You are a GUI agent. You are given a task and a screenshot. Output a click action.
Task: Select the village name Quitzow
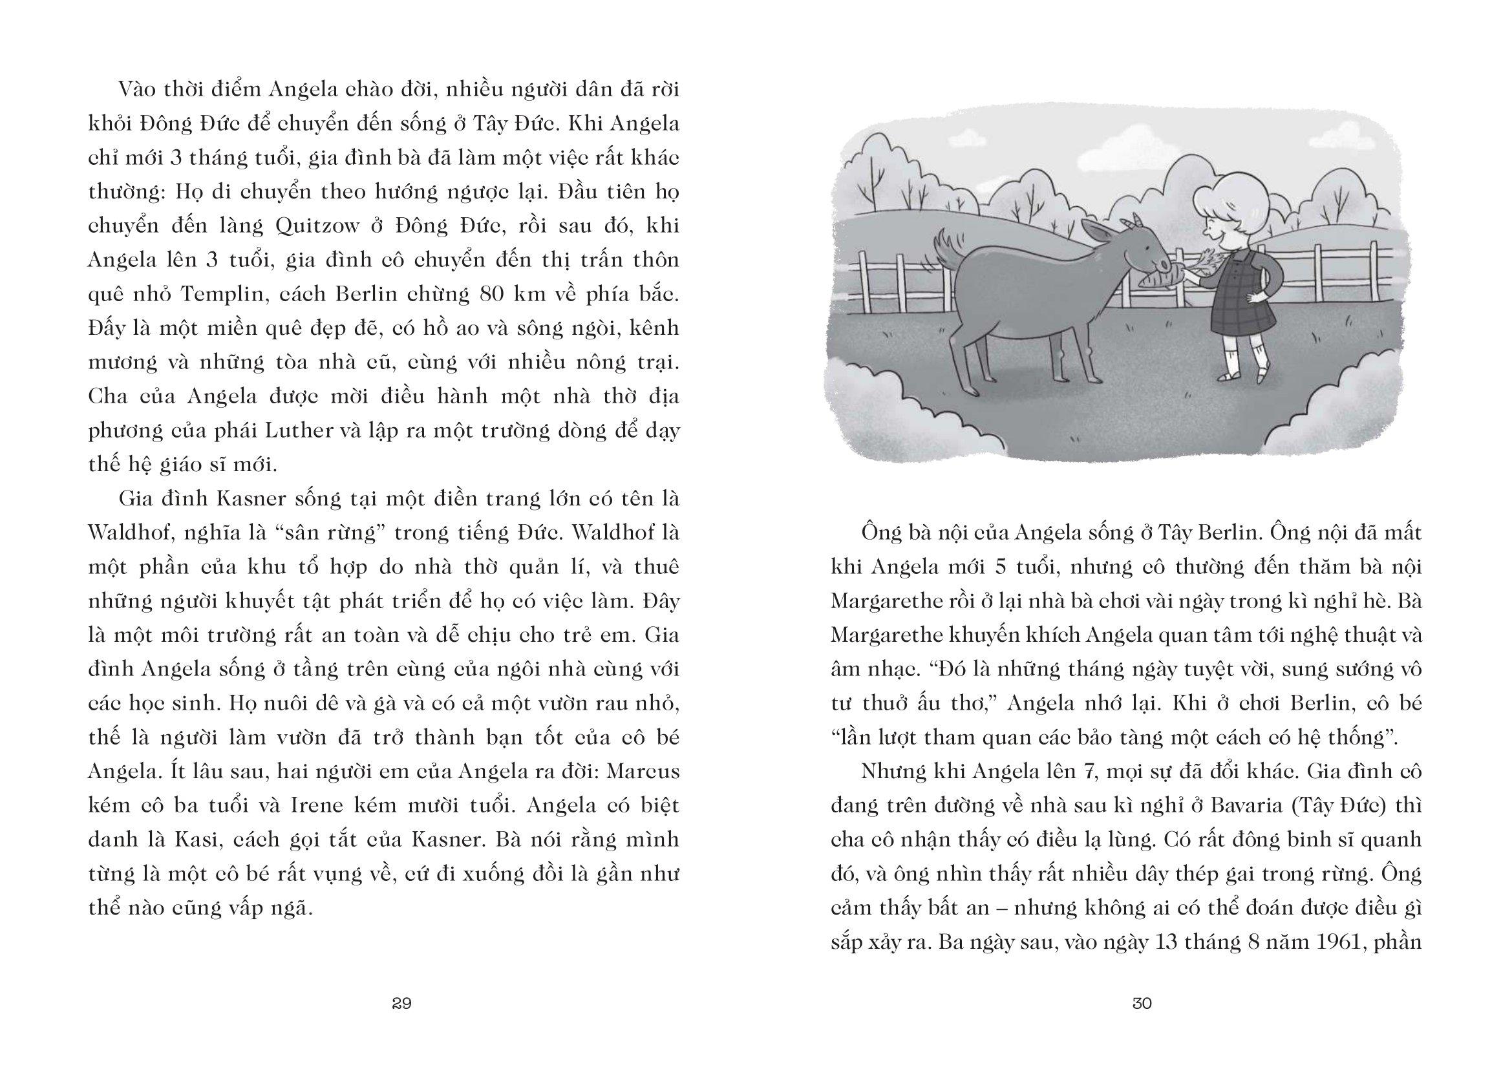point(317,226)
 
